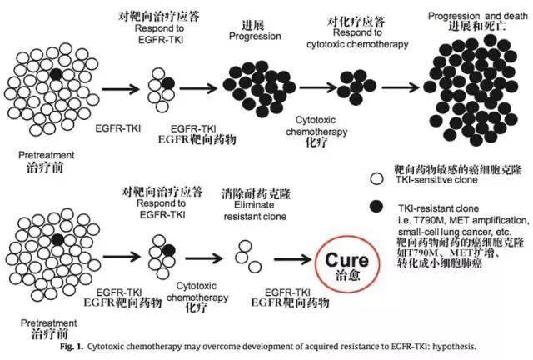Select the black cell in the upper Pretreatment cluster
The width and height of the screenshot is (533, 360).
(x=55, y=74)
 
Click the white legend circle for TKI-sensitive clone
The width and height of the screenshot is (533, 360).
(x=377, y=177)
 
